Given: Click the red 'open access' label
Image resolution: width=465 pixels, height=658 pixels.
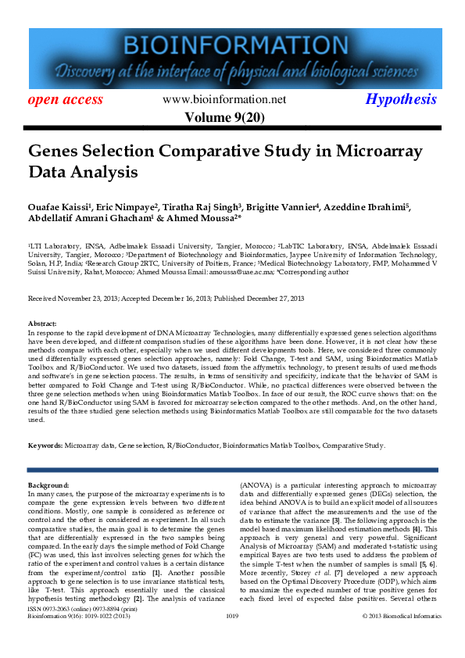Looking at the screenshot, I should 66,99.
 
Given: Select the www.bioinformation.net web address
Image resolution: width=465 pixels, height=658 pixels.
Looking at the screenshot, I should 224,99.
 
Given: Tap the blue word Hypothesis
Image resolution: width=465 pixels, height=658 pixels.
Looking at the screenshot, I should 401,99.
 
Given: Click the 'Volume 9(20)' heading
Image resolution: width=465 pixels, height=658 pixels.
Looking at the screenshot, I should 224,117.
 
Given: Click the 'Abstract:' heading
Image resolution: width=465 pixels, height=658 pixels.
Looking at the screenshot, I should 42,323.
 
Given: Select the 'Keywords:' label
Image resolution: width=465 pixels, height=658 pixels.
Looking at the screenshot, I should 45,445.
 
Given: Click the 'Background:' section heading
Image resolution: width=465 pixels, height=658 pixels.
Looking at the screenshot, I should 48,485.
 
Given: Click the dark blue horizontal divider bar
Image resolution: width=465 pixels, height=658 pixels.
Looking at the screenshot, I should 232,470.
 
